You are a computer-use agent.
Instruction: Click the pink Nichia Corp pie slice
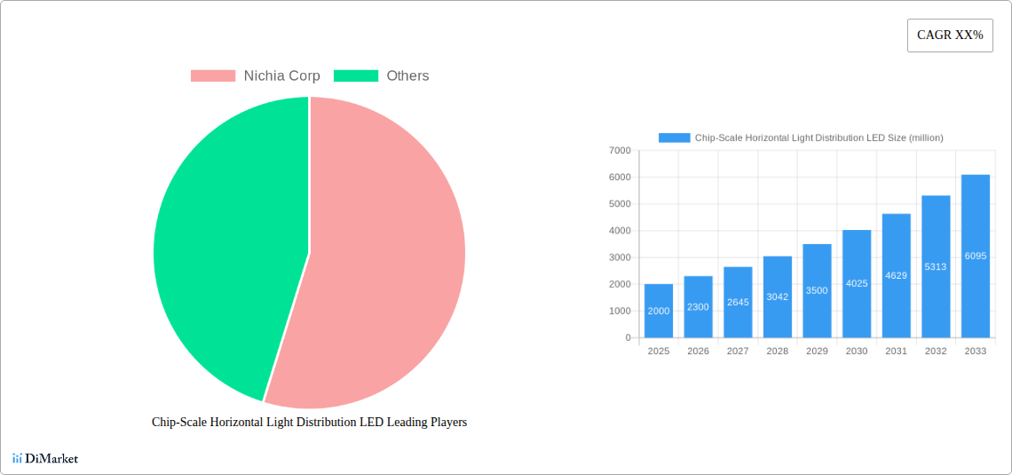(x=391, y=266)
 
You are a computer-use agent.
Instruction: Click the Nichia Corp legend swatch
(x=212, y=76)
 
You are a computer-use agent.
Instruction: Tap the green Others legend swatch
(x=355, y=76)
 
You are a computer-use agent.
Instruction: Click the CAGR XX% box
(x=950, y=36)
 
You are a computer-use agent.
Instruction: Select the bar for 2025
(x=659, y=311)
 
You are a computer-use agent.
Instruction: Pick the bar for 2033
(x=975, y=256)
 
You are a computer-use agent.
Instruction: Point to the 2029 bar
(x=817, y=290)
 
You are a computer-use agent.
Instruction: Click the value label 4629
(x=896, y=275)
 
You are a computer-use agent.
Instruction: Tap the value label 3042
(x=777, y=297)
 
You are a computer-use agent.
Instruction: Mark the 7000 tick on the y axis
(x=619, y=151)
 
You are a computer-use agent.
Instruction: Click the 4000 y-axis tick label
(x=619, y=231)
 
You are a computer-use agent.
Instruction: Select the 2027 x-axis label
(x=738, y=352)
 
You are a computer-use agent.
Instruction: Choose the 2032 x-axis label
(x=936, y=352)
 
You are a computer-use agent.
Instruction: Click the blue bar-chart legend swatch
(x=674, y=138)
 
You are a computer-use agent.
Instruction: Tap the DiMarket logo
(x=45, y=459)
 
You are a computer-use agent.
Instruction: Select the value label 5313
(x=936, y=266)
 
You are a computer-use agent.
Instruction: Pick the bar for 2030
(x=857, y=284)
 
